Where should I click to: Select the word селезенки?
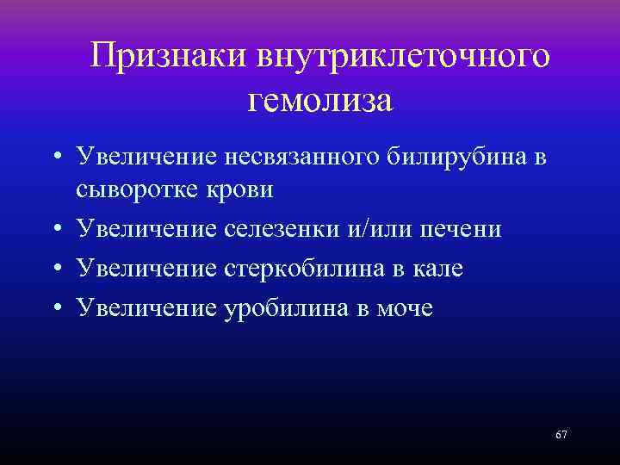pyautogui.click(x=288, y=229)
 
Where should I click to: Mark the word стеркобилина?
pyautogui.click(x=301, y=269)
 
